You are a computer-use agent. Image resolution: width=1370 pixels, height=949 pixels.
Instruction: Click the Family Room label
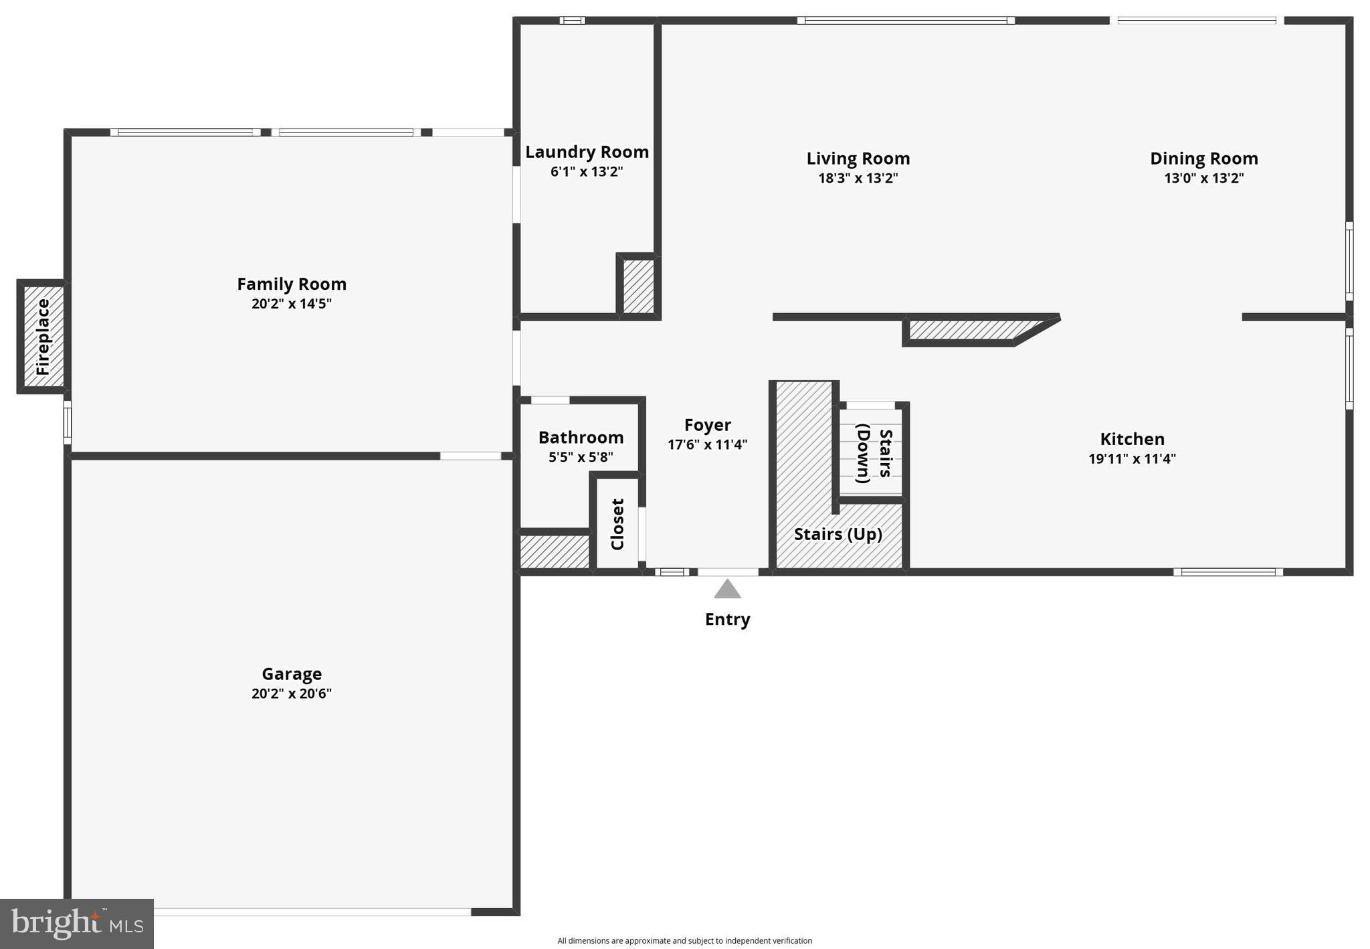pyautogui.click(x=292, y=284)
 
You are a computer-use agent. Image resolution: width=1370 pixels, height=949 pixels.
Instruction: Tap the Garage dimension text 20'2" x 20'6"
pyautogui.click(x=292, y=693)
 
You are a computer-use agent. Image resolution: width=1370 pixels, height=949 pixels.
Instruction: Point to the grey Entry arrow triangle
pyautogui.click(x=727, y=590)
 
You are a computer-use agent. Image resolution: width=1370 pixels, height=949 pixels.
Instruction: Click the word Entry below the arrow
pyautogui.click(x=727, y=619)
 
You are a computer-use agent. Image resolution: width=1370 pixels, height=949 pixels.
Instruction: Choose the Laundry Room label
pyautogui.click(x=587, y=152)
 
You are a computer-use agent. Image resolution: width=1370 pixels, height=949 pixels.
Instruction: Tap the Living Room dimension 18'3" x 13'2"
pyautogui.click(x=858, y=178)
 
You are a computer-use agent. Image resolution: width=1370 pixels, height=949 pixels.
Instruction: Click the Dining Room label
pyautogui.click(x=1203, y=159)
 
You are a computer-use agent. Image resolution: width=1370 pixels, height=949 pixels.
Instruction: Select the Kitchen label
pyautogui.click(x=1132, y=439)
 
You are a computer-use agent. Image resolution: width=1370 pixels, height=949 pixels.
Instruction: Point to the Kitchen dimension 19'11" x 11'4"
pyautogui.click(x=1132, y=458)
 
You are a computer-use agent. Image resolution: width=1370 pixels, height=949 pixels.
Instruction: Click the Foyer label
pyautogui.click(x=707, y=425)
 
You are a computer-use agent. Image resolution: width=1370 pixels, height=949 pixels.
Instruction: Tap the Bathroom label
pyautogui.click(x=581, y=438)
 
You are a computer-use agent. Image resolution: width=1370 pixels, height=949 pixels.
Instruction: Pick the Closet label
pyautogui.click(x=617, y=524)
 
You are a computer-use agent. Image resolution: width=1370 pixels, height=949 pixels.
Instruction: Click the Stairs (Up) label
pyautogui.click(x=838, y=534)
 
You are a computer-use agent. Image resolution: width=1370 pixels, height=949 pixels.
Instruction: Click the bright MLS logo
pyautogui.click(x=77, y=924)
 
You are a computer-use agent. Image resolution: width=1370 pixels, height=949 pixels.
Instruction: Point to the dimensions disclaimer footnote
pyautogui.click(x=684, y=940)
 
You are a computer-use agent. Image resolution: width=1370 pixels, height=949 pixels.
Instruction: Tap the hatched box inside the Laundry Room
pyautogui.click(x=638, y=286)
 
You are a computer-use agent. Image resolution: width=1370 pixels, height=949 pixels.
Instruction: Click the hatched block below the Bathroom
pyautogui.click(x=555, y=551)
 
